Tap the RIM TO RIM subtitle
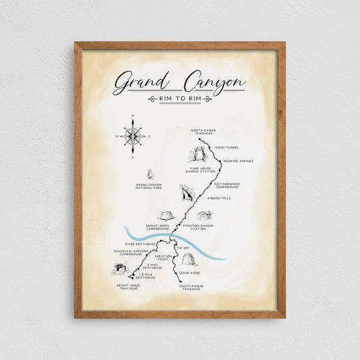tap(180, 99)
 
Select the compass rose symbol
tap(133, 136)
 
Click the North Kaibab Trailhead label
tap(204, 132)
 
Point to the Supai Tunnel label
tap(227, 147)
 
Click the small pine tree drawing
tap(150, 175)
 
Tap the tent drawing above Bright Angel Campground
tap(166, 216)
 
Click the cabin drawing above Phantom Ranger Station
tap(204, 215)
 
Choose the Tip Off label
tap(184, 249)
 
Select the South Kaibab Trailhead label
tap(191, 287)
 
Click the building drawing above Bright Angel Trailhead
tap(120, 270)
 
